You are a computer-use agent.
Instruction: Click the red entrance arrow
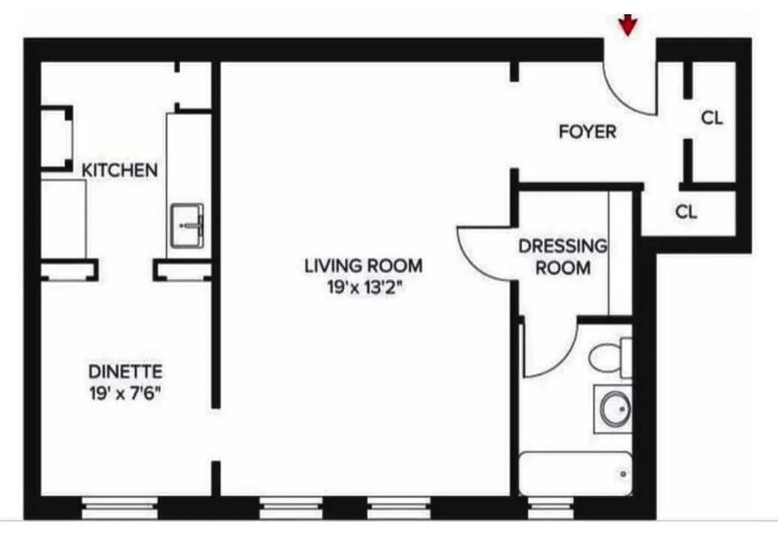629,24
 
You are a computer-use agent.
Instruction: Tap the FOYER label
587,132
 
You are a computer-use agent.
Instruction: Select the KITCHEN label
119,170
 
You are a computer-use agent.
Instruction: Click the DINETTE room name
126,372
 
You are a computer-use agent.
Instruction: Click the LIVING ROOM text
363,265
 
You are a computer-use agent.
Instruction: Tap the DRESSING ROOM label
563,257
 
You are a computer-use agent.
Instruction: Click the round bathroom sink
614,409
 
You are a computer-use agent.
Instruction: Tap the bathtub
576,473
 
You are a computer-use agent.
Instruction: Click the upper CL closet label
711,118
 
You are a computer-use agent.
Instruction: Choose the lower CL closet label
686,212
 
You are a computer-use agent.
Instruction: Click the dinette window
119,507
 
